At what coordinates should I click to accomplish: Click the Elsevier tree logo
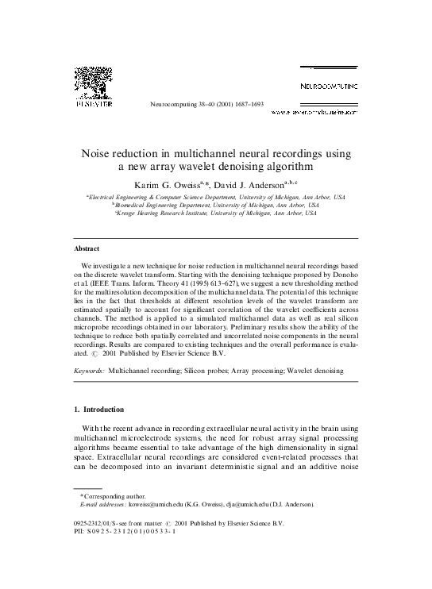[x=93, y=83]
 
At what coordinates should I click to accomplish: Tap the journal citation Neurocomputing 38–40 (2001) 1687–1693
[x=206, y=104]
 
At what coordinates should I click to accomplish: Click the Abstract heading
[x=87, y=248]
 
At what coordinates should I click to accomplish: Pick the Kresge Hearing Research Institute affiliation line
[x=215, y=214]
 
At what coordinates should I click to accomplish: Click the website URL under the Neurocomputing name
[x=314, y=113]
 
